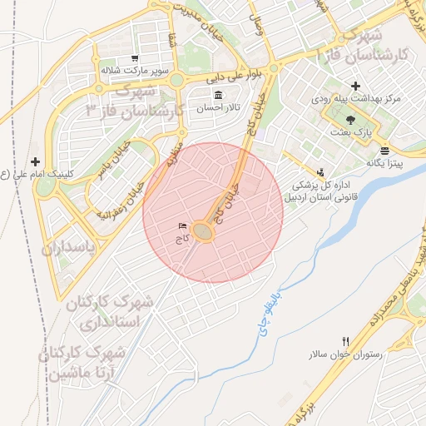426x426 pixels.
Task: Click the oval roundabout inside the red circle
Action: pyautogui.click(x=203, y=232)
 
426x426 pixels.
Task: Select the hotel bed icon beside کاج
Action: pyautogui.click(x=182, y=226)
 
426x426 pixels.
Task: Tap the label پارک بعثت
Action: pyautogui.click(x=361, y=131)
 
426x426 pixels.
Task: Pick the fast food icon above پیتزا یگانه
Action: pyautogui.click(x=384, y=151)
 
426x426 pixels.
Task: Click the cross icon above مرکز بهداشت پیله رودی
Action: pyautogui.click(x=356, y=86)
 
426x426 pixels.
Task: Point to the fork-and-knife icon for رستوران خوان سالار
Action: pyautogui.click(x=346, y=341)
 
